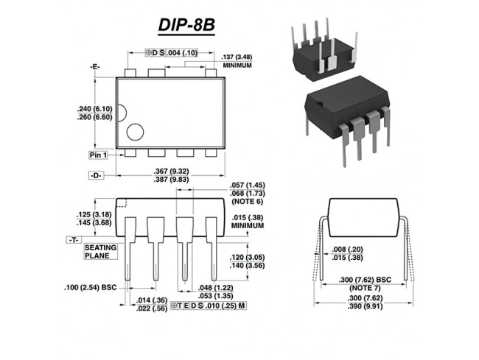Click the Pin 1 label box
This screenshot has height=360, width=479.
[x=98, y=155]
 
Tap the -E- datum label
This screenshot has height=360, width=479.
[x=95, y=66]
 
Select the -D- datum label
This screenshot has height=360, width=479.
[x=97, y=177]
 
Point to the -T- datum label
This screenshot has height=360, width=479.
[x=74, y=240]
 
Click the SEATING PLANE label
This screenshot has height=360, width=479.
[x=99, y=252]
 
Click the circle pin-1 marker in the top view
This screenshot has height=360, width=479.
[x=136, y=133]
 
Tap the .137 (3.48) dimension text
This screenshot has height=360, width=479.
[x=237, y=57]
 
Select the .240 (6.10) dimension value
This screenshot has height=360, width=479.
[x=93, y=108]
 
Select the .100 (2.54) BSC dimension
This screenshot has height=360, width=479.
[x=91, y=285]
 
